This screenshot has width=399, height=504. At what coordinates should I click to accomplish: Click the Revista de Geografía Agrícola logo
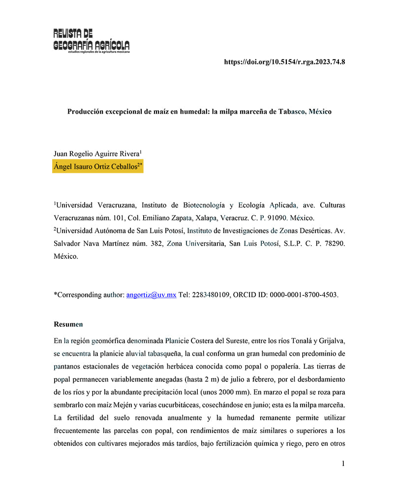[x=92, y=41]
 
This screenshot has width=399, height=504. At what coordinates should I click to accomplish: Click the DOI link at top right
[x=284, y=62]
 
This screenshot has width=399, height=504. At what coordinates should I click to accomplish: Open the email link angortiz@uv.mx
[x=151, y=295]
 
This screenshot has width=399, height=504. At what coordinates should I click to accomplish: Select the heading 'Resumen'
[x=68, y=324]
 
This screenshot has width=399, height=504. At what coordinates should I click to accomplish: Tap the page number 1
[x=343, y=463]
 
